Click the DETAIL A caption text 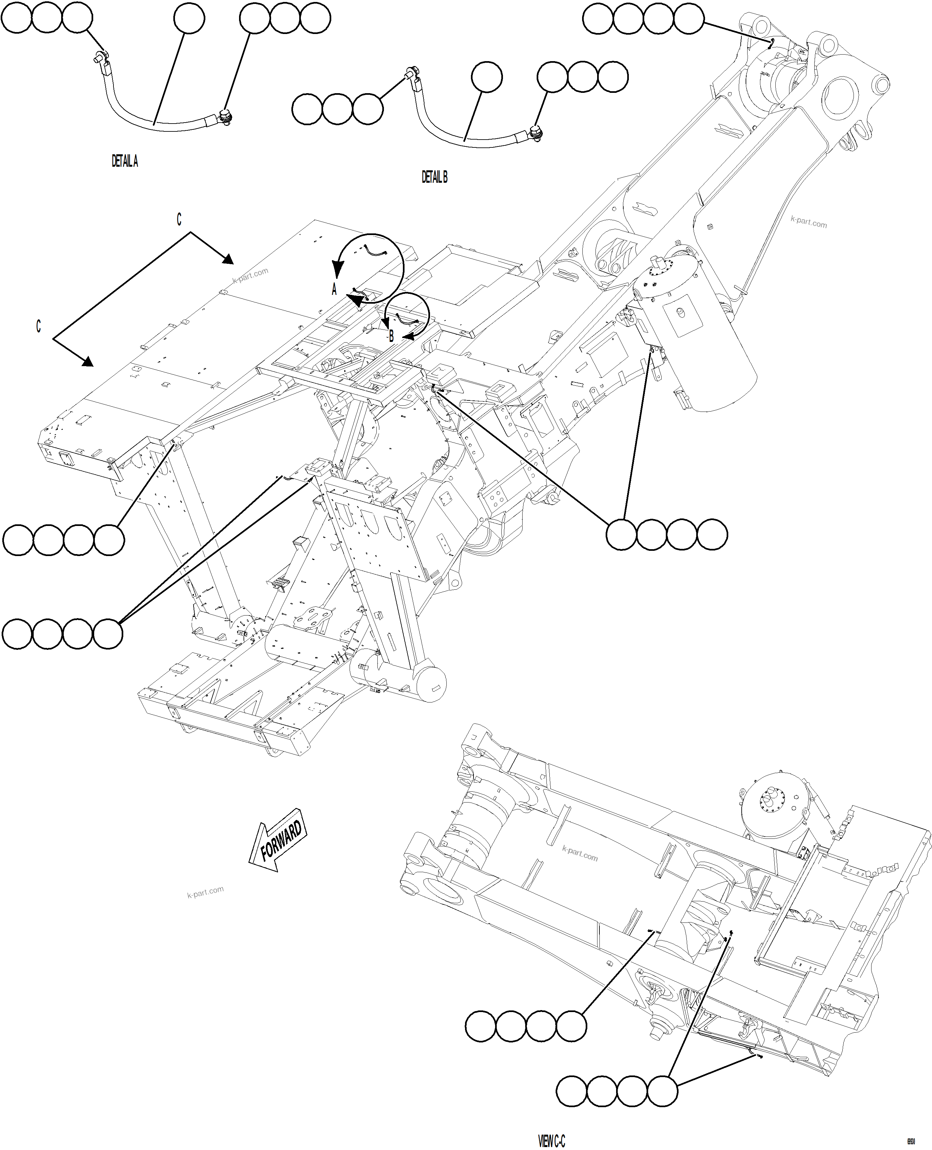point(125,161)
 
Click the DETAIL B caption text point(434,177)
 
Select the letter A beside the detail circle point(334,289)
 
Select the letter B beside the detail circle point(391,336)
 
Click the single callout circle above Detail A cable point(189,18)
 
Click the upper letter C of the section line point(179,219)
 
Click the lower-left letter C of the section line point(38,326)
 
